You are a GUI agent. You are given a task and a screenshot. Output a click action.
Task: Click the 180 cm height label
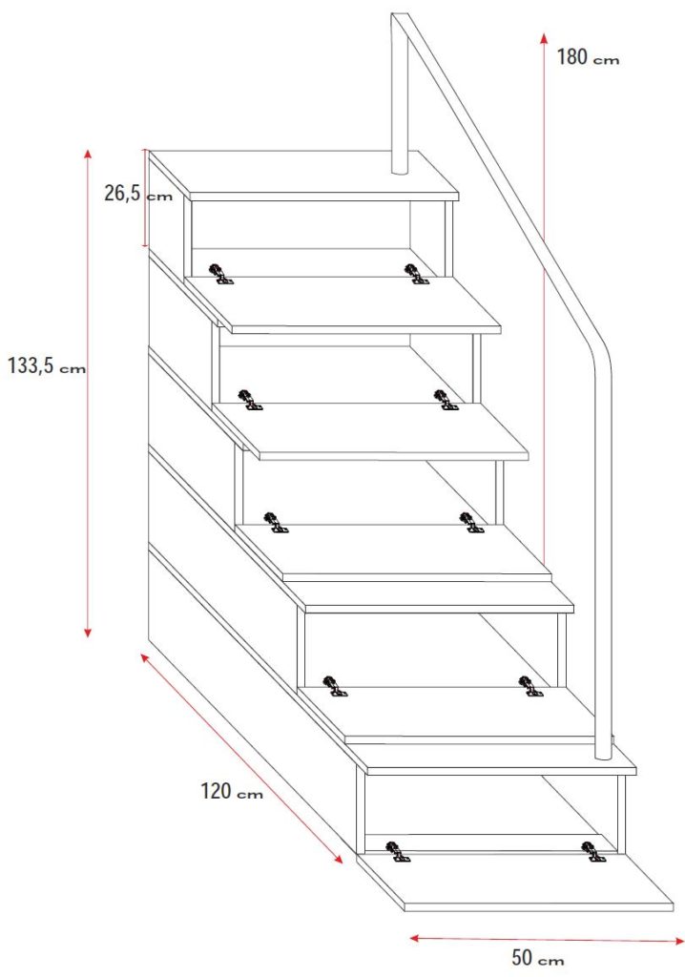pos(588,57)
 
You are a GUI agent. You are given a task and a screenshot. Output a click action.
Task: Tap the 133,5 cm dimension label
pos(46,365)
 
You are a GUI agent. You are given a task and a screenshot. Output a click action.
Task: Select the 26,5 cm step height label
pos(137,194)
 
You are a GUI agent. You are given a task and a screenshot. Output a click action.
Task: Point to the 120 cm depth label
pos(231,791)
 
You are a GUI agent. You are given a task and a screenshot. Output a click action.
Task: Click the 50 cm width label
pos(537,957)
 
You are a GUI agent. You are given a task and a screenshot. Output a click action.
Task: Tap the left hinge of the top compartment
pos(220,274)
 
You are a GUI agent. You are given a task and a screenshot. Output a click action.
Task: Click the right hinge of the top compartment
pos(416,274)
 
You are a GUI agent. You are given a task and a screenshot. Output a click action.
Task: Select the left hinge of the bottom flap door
pos(398,852)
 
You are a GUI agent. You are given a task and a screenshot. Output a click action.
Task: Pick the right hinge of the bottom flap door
pos(592,852)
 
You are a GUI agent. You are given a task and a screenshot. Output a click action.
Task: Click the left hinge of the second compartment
pos(250,400)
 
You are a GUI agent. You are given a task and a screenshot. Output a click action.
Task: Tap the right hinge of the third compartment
pos(471,522)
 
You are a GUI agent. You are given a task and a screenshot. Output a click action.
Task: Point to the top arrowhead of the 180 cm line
pos(544,38)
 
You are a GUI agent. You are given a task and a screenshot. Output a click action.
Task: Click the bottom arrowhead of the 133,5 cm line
pos(88,630)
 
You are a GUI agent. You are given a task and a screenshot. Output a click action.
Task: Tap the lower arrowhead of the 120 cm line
pos(337,858)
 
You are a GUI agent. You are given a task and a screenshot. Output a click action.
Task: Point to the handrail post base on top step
pos(400,167)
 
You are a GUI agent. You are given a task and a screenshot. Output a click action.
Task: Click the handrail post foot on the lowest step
pos(603,753)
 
